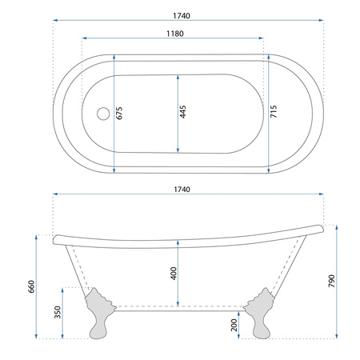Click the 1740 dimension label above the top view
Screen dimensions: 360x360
pyautogui.click(x=182, y=16)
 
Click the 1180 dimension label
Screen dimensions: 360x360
pyautogui.click(x=175, y=34)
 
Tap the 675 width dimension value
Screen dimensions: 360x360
pyautogui.click(x=119, y=113)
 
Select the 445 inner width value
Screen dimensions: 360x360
pyautogui.click(x=182, y=112)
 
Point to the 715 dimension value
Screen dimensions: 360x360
pyautogui.click(x=274, y=111)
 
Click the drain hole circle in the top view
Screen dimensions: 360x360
pyautogui.click(x=103, y=114)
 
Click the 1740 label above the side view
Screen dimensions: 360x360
pyautogui.click(x=182, y=190)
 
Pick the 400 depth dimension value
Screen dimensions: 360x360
pyautogui.click(x=174, y=274)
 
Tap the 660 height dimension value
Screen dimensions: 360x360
pyautogui.click(x=31, y=286)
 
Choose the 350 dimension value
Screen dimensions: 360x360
pyautogui.click(x=58, y=312)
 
